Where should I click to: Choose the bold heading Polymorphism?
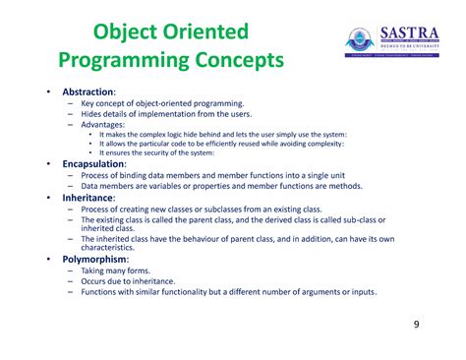tap(94, 258)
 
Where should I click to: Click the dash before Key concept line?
tap(71, 102)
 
